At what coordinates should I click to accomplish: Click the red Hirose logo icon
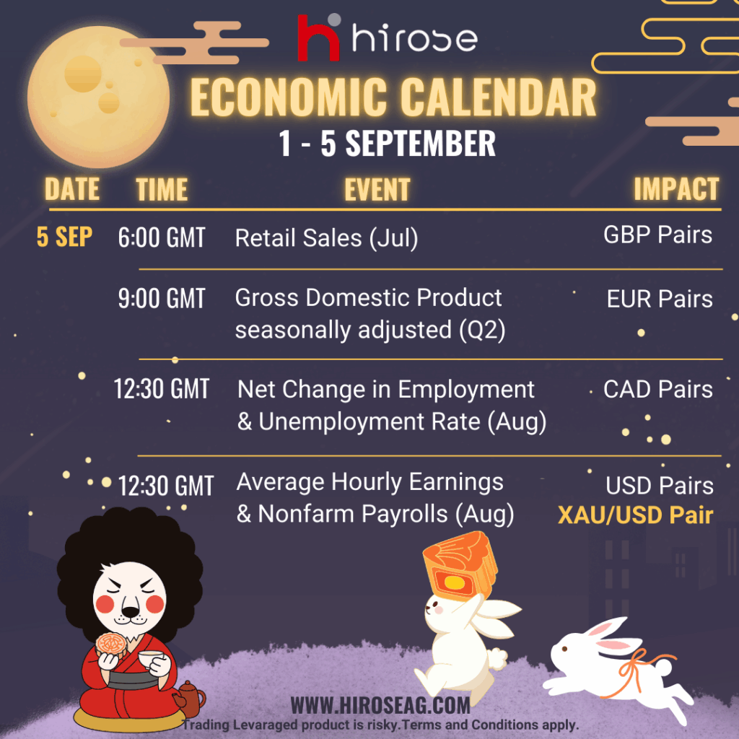pos(318,38)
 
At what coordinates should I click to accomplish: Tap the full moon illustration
pos(98,97)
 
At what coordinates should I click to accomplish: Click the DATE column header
pos(72,189)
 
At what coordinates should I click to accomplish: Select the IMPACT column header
pos(676,189)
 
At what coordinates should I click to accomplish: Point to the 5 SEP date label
pos(64,237)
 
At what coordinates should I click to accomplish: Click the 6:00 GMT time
pos(162,237)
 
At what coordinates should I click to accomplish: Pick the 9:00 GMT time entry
pos(162,298)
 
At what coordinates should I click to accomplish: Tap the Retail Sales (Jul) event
pos(327,238)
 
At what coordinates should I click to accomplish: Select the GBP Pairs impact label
pos(658,235)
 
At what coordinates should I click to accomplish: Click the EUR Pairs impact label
pos(660,299)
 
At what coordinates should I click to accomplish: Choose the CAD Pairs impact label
pos(658,389)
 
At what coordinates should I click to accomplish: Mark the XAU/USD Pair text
pos(635,515)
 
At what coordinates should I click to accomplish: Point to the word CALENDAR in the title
pos(499,97)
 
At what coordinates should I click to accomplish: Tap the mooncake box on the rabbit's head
pos(460,566)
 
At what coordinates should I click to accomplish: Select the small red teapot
pos(190,699)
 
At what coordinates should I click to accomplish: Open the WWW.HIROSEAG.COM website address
pos(380,706)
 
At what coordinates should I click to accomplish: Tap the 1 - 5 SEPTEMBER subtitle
pos(387,144)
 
